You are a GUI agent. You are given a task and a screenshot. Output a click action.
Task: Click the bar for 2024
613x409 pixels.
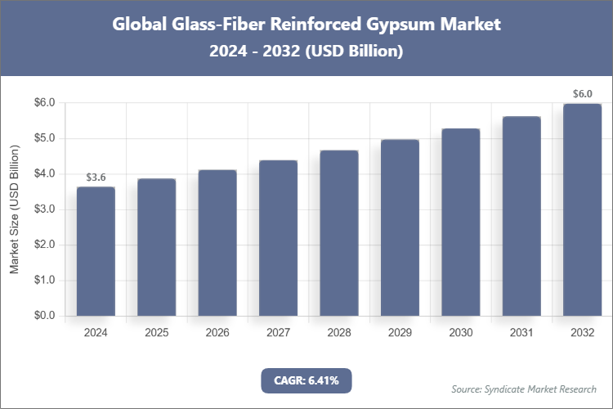96,251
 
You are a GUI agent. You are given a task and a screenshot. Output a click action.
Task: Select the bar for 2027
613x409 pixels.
278,238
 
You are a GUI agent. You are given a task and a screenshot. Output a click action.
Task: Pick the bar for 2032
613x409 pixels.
582,209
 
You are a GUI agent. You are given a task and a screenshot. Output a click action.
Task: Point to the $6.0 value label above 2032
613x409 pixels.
582,94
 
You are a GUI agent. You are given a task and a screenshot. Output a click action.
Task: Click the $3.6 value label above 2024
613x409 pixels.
96,178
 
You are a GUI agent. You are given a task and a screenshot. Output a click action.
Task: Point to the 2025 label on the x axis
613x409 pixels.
156,333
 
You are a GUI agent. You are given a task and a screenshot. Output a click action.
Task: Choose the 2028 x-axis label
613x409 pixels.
338,333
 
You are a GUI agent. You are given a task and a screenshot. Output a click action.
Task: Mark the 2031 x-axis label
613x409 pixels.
521,333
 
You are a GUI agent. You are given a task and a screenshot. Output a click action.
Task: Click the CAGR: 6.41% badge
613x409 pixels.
306,380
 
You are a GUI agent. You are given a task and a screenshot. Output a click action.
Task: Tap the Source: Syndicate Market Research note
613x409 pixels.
524,389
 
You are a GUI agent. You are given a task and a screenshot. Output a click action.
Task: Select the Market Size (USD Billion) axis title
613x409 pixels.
14,209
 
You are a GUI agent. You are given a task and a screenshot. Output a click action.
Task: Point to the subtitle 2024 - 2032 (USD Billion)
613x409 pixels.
306,51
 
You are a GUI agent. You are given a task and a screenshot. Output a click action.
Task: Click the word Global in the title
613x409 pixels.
138,25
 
